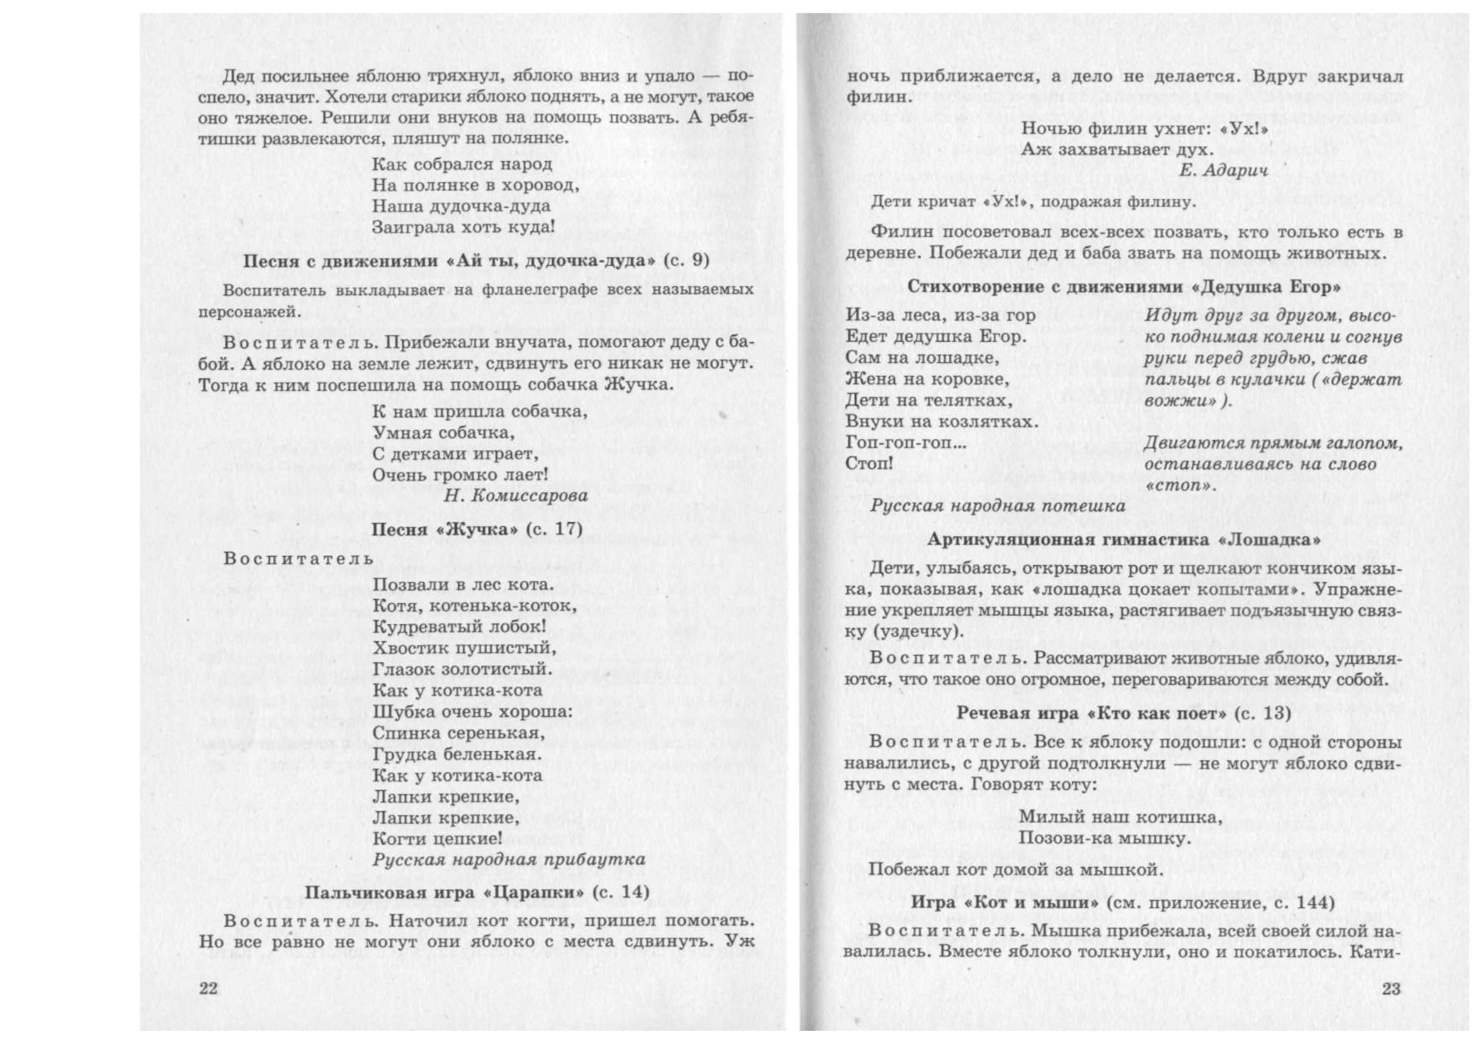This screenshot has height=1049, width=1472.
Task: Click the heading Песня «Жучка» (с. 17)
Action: [477, 529]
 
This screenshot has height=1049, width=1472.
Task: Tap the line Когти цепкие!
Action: [438, 839]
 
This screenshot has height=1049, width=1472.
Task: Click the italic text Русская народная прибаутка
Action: [509, 860]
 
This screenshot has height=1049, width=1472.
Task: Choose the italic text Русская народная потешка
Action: [997, 506]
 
